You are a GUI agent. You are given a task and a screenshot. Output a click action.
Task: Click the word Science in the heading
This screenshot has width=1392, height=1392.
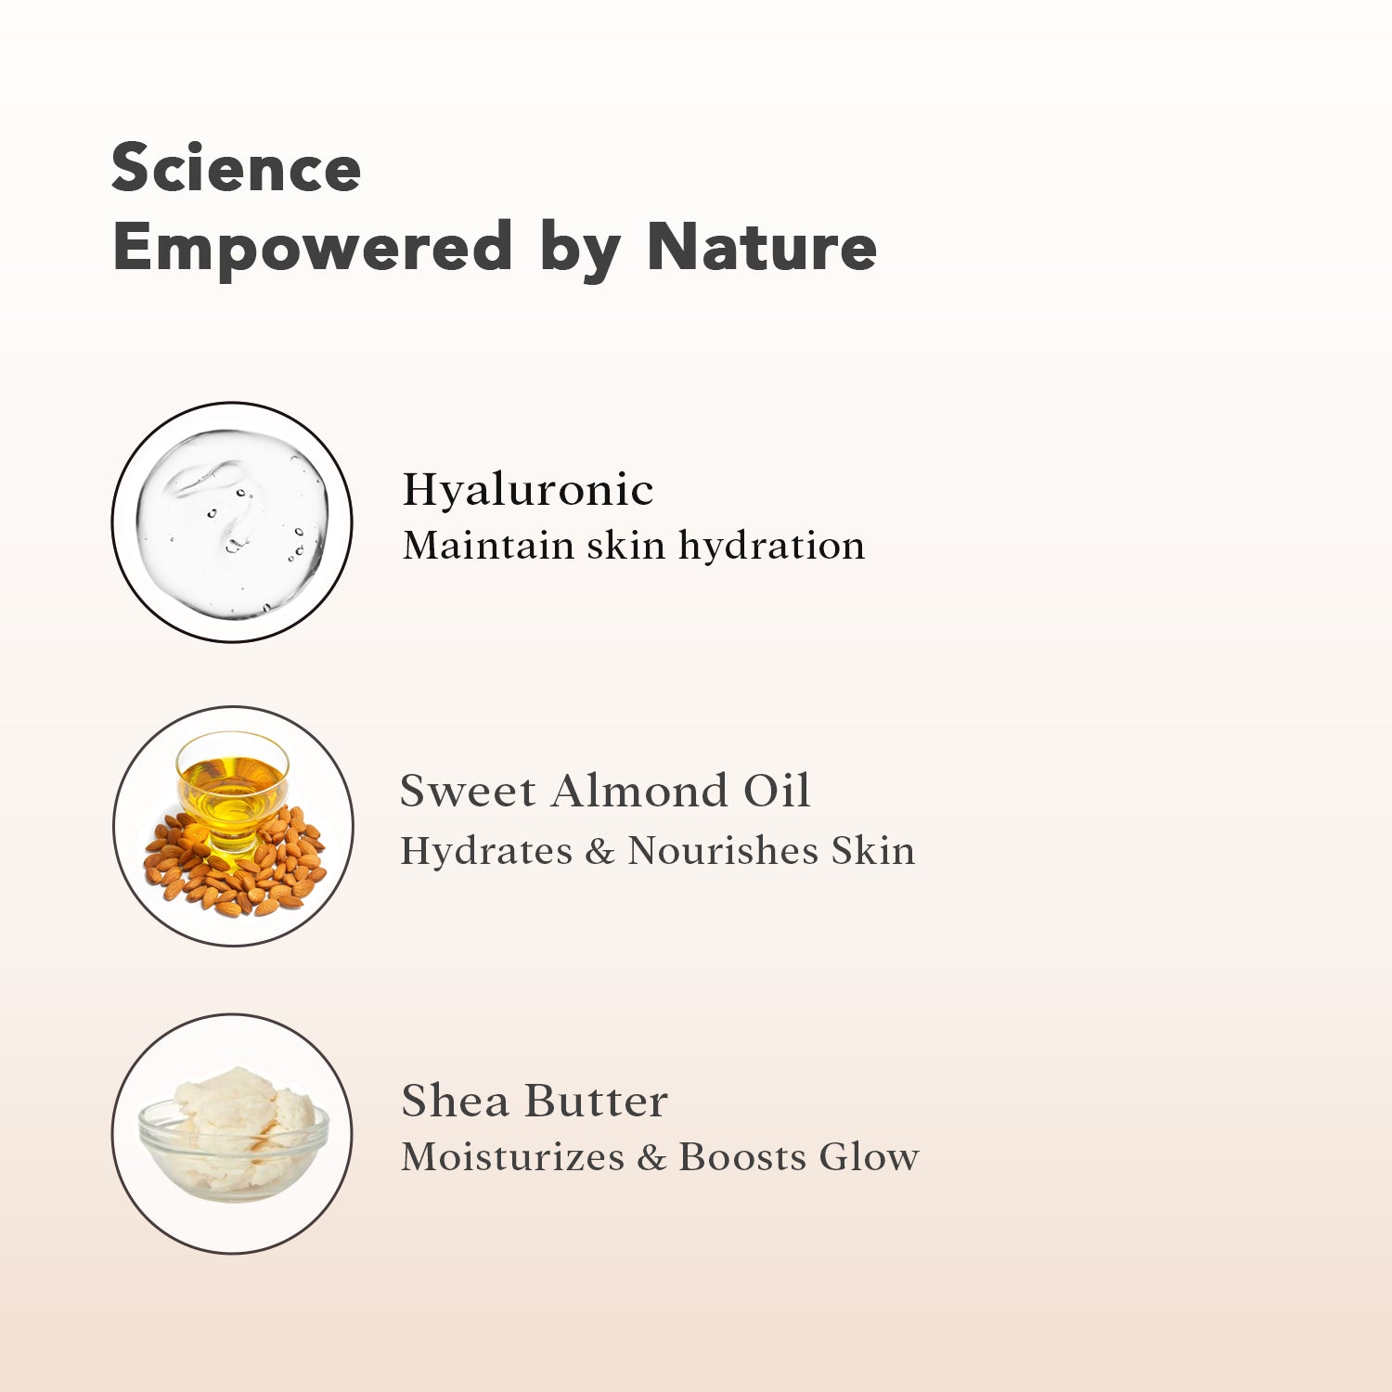236,168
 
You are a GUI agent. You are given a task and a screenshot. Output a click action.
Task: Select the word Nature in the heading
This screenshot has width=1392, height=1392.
762,247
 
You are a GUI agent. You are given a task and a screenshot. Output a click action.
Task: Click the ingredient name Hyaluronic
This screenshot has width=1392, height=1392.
528,490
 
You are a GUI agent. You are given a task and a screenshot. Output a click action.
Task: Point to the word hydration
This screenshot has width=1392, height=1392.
772,546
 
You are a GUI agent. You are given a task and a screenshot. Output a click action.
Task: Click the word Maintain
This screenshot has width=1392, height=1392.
488,546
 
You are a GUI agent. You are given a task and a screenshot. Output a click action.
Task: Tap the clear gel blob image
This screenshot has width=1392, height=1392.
232,522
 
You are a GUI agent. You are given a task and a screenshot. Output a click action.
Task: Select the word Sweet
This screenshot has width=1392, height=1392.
468,792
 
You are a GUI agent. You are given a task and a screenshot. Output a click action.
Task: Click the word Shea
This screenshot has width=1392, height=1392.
456,1102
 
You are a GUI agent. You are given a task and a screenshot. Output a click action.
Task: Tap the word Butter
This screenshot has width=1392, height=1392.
596,1102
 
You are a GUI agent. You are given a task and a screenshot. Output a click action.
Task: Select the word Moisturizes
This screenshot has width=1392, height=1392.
513,1157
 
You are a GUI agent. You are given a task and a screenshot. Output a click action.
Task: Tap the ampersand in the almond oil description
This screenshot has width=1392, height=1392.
600,852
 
